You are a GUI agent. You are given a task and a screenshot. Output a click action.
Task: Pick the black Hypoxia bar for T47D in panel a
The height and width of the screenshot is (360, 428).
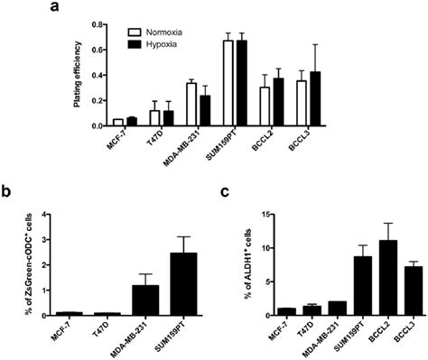pyautogui.click(x=168, y=118)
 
